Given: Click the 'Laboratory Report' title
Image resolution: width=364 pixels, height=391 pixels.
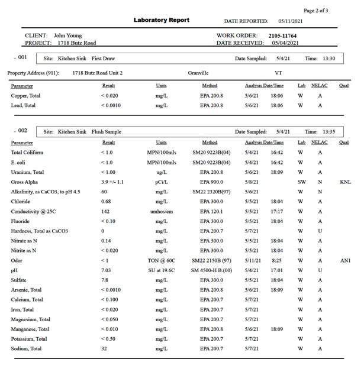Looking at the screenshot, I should coord(161,20).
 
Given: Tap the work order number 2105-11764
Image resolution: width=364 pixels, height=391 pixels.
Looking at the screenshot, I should coord(282,35).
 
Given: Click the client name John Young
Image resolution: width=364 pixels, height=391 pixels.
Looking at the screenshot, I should coord(68,35).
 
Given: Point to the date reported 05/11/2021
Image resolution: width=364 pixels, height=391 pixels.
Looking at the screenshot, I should coord(291,21).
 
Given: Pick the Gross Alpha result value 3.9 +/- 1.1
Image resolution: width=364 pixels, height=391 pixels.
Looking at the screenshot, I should coord(112,182).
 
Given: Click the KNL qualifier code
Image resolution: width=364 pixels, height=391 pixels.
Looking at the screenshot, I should coord(345,182).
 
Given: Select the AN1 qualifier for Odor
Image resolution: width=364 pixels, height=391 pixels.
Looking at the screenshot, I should coord(345,260).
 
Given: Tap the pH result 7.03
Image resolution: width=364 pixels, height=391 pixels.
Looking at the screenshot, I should coord(106,270).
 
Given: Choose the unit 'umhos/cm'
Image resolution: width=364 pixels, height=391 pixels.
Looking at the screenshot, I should coord(161,211).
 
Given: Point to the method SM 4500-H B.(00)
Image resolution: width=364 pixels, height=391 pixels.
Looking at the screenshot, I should coord(211,270).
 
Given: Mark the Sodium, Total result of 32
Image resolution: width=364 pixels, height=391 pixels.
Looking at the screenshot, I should coord(104,348).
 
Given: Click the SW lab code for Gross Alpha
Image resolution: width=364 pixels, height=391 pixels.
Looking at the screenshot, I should coord(302,182).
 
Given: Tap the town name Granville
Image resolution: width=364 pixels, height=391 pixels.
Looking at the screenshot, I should coord(198,73).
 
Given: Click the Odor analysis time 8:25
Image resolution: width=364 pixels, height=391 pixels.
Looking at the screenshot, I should coord(276,260).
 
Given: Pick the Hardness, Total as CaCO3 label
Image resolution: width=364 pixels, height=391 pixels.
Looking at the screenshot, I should coord(40,231).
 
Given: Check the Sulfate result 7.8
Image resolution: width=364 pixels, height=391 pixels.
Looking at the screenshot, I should coord(105,280).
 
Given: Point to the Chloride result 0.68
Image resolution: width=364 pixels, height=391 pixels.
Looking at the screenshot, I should coord(106,202).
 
